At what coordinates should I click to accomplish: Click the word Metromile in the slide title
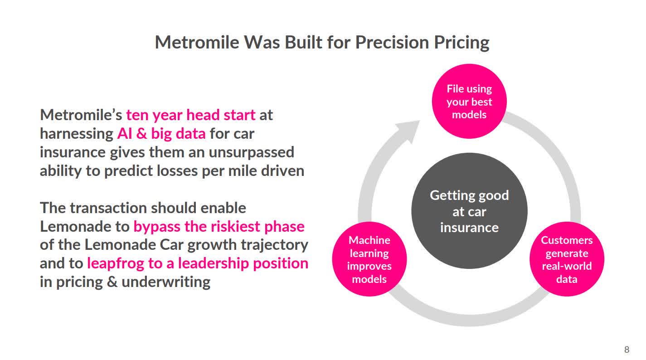[197, 42]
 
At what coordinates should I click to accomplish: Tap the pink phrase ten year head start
[190, 115]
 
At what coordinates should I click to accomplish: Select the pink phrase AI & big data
[161, 133]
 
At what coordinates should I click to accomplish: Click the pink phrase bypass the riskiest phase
[219, 226]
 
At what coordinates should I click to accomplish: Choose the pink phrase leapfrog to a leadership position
[197, 263]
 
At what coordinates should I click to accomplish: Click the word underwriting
[165, 282]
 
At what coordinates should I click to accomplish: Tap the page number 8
[627, 350]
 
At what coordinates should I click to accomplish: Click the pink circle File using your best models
[469, 102]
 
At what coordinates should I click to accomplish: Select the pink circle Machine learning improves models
[369, 259]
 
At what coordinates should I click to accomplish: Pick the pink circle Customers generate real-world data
[567, 259]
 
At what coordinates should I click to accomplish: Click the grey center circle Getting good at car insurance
[469, 211]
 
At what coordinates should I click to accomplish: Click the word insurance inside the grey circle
[469, 227]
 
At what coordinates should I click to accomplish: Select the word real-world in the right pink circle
[567, 266]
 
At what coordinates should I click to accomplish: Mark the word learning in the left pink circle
[369, 253]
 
